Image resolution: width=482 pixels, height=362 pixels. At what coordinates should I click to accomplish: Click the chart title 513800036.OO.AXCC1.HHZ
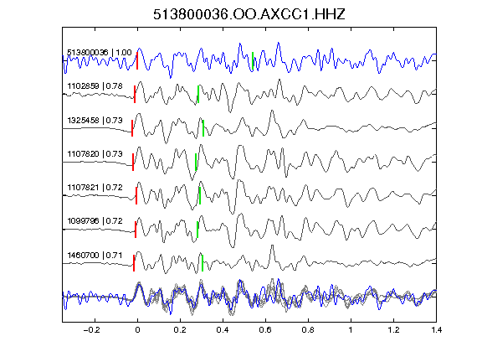[249, 14]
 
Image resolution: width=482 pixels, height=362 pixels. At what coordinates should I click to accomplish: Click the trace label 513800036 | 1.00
[100, 52]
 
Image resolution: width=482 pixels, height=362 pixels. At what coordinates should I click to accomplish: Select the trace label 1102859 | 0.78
[95, 85]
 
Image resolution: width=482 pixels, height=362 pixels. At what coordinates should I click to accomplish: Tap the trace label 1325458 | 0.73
[95, 120]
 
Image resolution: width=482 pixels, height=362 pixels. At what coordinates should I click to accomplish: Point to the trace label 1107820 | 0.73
[95, 153]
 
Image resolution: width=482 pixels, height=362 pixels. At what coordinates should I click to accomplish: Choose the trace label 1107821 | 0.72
[95, 187]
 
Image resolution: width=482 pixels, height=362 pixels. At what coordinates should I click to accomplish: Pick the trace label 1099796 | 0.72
[95, 220]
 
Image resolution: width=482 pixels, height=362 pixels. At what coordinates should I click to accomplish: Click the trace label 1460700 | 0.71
[95, 256]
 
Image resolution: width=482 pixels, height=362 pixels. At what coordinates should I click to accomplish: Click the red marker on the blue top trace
[137, 60]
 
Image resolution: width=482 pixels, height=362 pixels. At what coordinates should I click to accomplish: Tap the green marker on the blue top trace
[253, 61]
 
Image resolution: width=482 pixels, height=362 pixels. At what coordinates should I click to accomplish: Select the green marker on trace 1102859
[198, 94]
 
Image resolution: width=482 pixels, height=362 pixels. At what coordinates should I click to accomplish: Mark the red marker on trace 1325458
[132, 128]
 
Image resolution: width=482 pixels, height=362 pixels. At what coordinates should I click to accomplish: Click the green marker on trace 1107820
[196, 162]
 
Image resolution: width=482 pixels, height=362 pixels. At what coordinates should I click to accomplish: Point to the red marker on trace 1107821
[136, 195]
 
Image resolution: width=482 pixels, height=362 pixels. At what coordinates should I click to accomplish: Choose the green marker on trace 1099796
[197, 230]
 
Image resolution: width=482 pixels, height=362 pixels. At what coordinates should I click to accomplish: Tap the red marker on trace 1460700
[134, 263]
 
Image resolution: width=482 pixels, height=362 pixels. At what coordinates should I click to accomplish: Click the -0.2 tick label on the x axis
[92, 330]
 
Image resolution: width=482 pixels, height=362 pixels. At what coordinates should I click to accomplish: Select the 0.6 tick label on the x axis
[265, 330]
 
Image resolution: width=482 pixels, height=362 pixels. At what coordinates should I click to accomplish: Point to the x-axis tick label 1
[351, 330]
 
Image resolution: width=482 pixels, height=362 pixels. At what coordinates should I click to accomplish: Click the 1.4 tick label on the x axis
[436, 330]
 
